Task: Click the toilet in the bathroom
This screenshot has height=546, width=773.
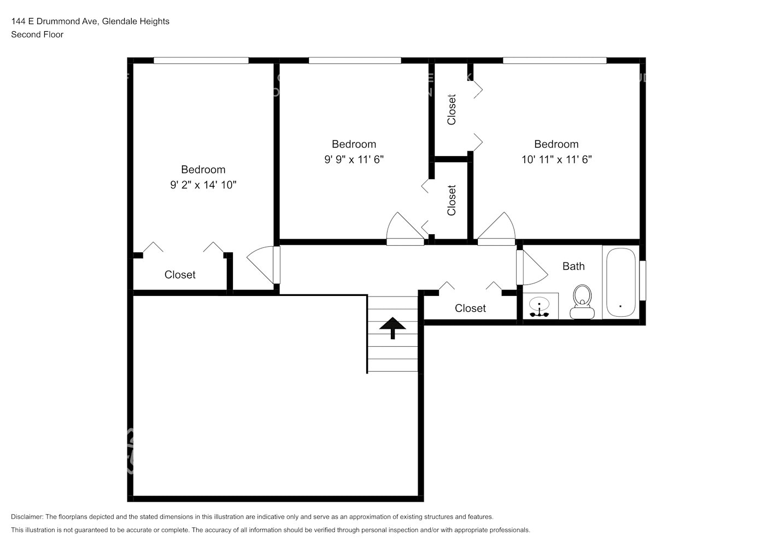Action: (582, 302)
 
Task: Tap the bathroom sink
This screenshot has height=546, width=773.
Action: (541, 306)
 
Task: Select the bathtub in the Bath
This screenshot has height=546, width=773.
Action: (621, 282)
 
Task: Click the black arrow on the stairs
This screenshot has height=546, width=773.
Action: (393, 328)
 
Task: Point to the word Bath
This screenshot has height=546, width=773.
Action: (573, 266)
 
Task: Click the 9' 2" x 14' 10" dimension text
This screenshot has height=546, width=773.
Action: (203, 185)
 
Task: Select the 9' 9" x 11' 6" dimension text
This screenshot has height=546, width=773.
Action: (354, 159)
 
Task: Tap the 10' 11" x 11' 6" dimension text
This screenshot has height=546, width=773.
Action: (557, 159)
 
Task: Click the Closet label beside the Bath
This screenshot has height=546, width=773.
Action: (470, 308)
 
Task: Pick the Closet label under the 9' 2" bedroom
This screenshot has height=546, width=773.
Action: (180, 275)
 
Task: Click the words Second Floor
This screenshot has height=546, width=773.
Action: (37, 34)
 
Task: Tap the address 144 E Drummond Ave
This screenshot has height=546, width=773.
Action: (56, 21)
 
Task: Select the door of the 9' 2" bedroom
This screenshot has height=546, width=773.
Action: (263, 265)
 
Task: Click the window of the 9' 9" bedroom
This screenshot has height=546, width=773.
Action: (355, 61)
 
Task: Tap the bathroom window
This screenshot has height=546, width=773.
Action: (642, 281)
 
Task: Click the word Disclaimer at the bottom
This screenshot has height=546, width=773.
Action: (27, 517)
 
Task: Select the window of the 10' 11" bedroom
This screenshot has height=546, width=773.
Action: (554, 61)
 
